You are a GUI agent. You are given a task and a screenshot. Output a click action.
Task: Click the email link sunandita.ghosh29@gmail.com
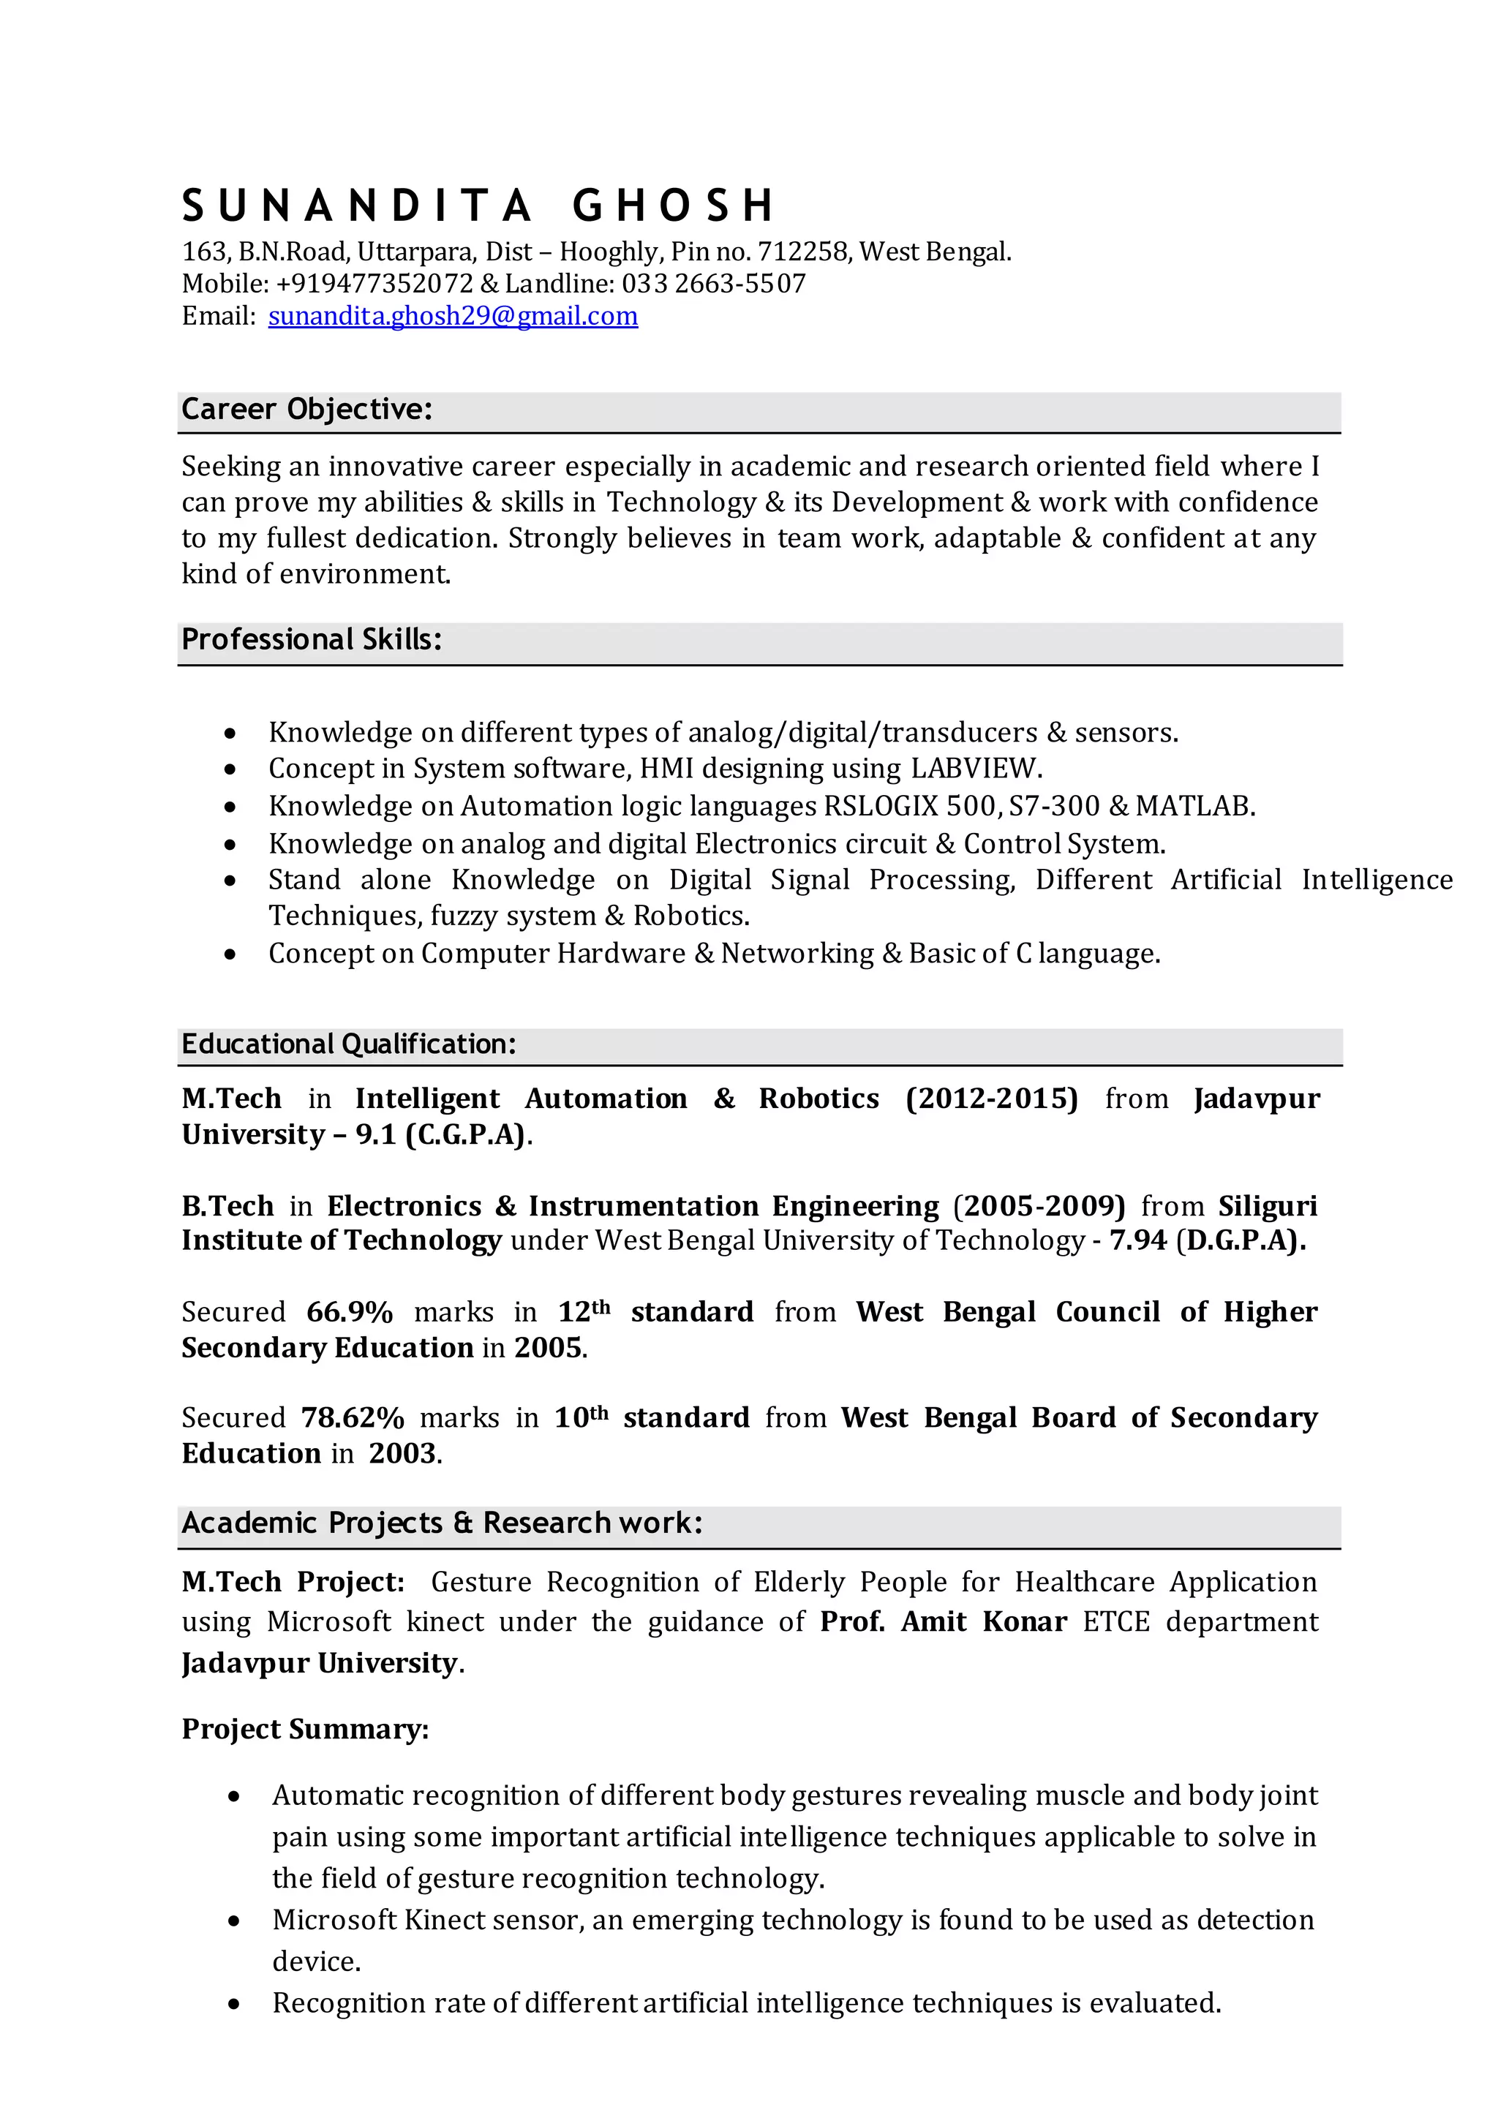(452, 317)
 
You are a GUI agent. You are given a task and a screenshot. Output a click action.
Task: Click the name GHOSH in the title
(674, 206)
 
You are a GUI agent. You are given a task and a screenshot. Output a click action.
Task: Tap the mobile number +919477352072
(374, 284)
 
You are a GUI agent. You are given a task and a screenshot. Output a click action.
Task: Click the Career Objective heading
(306, 410)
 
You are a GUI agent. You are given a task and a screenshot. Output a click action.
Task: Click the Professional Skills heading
(311, 640)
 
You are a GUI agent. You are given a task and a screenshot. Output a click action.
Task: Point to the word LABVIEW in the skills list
(975, 769)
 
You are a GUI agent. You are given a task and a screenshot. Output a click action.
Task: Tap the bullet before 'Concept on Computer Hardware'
(230, 954)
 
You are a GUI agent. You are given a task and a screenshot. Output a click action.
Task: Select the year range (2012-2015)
(992, 1098)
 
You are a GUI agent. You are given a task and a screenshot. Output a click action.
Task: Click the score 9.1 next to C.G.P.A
(375, 1134)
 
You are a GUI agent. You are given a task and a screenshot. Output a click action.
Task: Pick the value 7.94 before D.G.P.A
(1137, 1240)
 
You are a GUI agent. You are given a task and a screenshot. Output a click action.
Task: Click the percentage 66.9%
(350, 1312)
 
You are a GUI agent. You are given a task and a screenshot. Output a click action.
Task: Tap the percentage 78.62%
(353, 1418)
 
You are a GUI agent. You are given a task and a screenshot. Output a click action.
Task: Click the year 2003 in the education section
(402, 1454)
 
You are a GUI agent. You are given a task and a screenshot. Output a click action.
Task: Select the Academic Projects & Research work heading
(441, 1523)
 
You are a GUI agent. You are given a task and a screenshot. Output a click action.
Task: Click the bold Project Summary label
(304, 1729)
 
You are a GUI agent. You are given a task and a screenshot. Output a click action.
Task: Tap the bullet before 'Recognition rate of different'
(234, 2005)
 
